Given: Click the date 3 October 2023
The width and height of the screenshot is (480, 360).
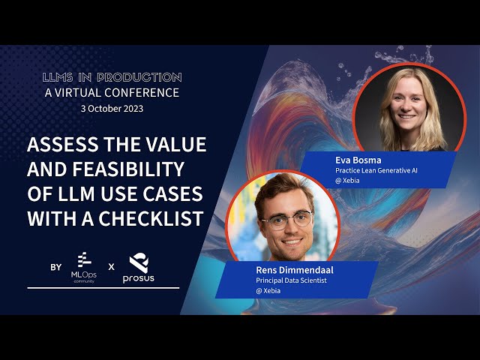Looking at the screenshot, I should pyautogui.click(x=112, y=108).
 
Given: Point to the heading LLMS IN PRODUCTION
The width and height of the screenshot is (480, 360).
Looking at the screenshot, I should pyautogui.click(x=112, y=77).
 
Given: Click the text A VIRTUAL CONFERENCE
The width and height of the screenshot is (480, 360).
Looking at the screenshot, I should pyautogui.click(x=112, y=93).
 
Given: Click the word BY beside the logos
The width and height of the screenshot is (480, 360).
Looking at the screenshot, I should pyautogui.click(x=55, y=267).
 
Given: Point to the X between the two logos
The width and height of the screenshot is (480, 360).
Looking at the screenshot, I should pyautogui.click(x=110, y=267).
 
